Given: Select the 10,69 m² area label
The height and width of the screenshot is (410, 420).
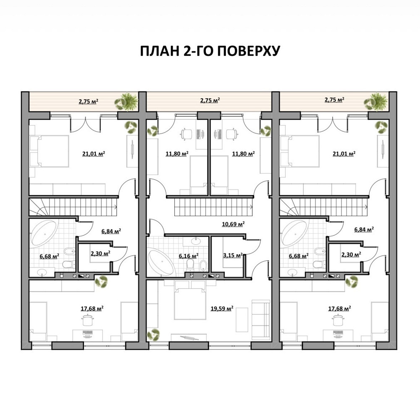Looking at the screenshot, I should click(x=234, y=224).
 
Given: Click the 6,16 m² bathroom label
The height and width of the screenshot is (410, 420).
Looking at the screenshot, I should click(x=188, y=255).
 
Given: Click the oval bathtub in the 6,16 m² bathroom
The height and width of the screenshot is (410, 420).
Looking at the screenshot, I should click(x=160, y=263).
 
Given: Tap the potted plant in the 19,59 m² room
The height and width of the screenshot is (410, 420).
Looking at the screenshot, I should click(x=153, y=334).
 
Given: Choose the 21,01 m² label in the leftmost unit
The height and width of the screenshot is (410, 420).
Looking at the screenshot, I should click(x=93, y=154).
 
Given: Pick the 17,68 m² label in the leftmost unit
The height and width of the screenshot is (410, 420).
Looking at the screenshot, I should click(x=92, y=308).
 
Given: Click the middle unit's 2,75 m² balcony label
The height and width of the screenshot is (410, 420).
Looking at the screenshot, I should click(x=210, y=101).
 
